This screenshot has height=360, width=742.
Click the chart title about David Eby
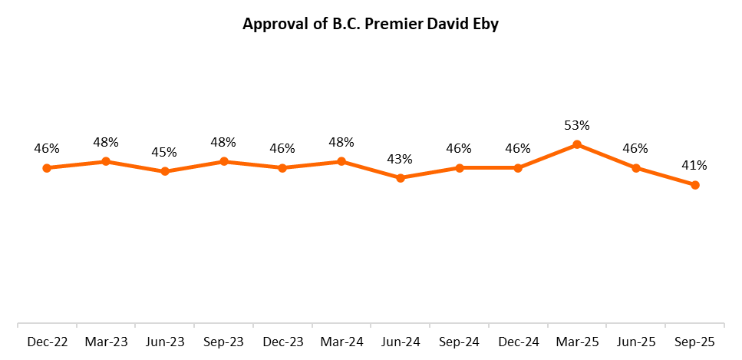pos(371,24)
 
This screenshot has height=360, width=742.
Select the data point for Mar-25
pos(577,144)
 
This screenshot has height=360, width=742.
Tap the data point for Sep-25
pos(695,185)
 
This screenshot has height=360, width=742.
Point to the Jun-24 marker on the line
pos(401,178)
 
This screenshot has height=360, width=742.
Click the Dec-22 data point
pos(47,168)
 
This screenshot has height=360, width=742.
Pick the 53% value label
pos(576,125)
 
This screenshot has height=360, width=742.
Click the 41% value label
pos(694,165)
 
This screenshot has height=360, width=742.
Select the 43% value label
pos(400,159)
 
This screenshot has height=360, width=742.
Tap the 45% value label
pos(164,152)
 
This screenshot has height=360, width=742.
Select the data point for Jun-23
pos(165,172)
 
